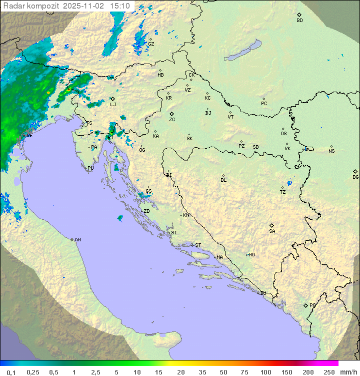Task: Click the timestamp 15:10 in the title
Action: pos(120,6)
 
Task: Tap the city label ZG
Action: pos(172,120)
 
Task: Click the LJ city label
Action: pos(113,104)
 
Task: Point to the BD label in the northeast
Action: pos(299,21)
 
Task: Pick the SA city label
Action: pos(272,231)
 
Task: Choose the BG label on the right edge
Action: pos(355,177)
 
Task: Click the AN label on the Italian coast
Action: pos(77,240)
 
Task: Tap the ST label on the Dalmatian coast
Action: pos(198,245)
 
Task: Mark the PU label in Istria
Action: pos(90,168)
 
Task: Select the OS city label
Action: pos(283,134)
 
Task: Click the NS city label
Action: pos(331,151)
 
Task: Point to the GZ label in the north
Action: pos(151,44)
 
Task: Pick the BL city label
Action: pos(223,180)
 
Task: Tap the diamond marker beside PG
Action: pos(305,305)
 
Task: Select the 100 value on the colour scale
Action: pos(265,372)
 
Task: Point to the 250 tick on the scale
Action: pos(328,372)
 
